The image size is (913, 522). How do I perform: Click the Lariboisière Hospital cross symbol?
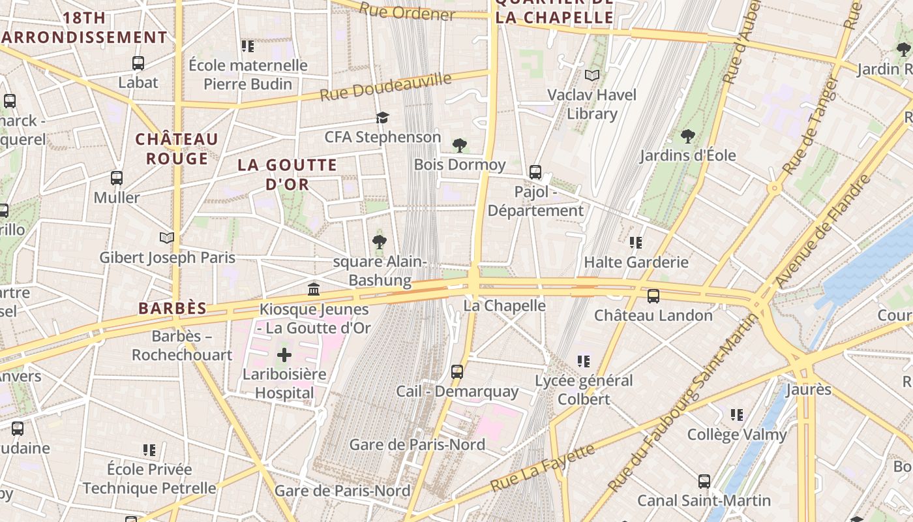[284, 356]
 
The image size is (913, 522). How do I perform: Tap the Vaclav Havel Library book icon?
[592, 76]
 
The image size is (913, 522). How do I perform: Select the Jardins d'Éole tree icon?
[687, 136]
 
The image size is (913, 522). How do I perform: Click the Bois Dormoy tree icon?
[460, 145]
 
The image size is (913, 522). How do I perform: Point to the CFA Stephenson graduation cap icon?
[382, 117]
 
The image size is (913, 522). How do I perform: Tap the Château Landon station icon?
[653, 296]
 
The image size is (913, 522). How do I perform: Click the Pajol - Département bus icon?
[535, 172]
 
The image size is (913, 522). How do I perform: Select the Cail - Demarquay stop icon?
[457, 372]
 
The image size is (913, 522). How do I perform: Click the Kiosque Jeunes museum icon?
[314, 289]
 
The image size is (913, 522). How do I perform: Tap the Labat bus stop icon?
[138, 63]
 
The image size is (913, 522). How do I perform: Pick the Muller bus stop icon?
[117, 178]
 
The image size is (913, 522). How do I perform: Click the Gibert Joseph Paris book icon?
[167, 238]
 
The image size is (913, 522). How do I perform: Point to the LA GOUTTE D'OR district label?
[287, 174]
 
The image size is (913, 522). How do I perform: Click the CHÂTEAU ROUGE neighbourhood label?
[177, 149]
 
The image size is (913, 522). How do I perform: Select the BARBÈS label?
[172, 309]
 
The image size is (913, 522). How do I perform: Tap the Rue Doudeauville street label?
[385, 87]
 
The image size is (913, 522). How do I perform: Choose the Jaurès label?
[809, 390]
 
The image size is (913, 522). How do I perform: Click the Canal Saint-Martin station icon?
[704, 482]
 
